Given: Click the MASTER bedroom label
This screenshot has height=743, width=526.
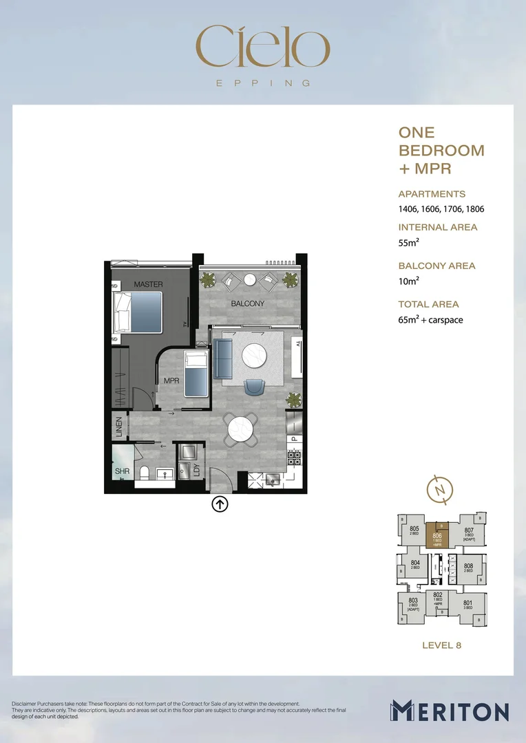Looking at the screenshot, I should click(x=148, y=284).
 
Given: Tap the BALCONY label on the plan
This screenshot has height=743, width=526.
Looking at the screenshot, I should click(x=248, y=303).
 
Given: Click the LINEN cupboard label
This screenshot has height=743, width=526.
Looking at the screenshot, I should click(x=119, y=427).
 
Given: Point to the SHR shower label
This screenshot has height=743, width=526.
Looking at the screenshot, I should click(x=123, y=472).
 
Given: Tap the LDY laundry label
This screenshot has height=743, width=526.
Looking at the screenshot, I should click(x=197, y=471).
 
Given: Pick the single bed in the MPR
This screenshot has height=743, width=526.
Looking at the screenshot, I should click(x=196, y=372).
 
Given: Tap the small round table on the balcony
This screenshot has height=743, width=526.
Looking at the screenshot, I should click(x=250, y=279).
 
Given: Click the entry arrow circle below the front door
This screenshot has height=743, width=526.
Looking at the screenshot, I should click(x=220, y=504).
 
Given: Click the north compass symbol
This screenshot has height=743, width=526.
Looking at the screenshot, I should click(x=439, y=490).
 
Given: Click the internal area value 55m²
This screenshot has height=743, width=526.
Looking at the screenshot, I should click(x=409, y=243).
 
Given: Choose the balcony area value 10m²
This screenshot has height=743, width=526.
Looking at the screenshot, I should click(x=409, y=281).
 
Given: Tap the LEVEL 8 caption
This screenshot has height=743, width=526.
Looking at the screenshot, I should click(x=441, y=645).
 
